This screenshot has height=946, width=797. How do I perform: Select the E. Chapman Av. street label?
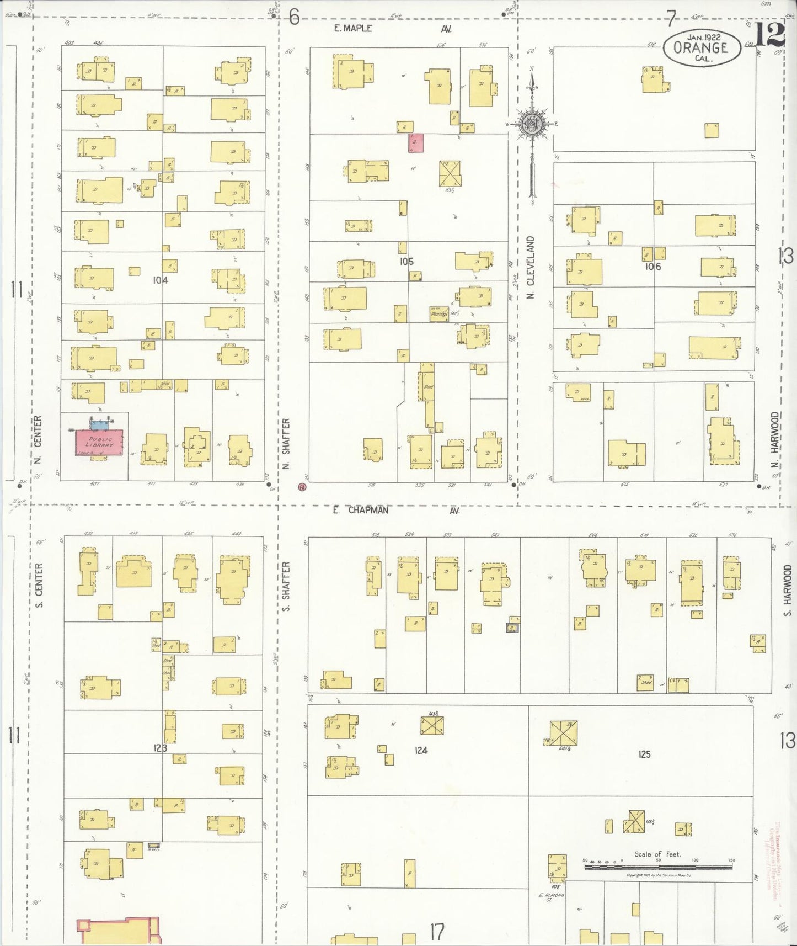(x=395, y=511)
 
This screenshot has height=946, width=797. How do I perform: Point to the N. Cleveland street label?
(x=531, y=268)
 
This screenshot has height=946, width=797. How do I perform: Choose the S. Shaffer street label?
(x=286, y=587)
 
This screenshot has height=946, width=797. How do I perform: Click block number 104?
(x=161, y=280)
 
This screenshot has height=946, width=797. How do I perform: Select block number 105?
(x=406, y=262)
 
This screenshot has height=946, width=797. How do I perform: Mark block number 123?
(x=161, y=748)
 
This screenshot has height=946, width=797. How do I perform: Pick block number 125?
(x=644, y=754)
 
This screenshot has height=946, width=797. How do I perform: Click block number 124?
(x=421, y=750)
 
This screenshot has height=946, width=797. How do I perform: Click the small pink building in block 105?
(x=416, y=142)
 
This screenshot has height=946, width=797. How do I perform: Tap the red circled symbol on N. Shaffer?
(x=301, y=487)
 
